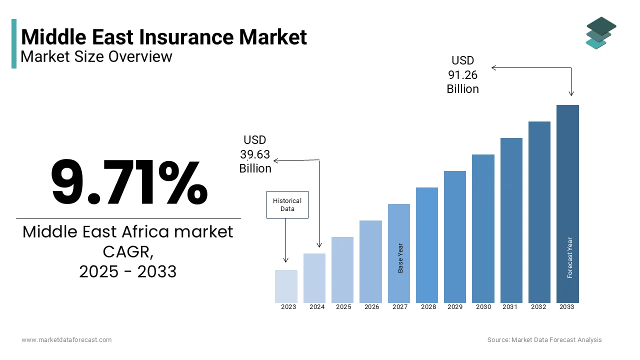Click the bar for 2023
(x=286, y=286)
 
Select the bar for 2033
(x=567, y=203)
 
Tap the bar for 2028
(x=427, y=245)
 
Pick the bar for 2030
(x=483, y=228)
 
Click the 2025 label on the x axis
(x=343, y=307)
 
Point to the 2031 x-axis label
(x=510, y=307)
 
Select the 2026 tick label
(x=371, y=307)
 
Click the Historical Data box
(x=287, y=204)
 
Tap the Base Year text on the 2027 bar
(x=400, y=258)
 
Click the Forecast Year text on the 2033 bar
(x=569, y=257)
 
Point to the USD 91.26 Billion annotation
(x=462, y=75)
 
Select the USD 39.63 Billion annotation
(x=255, y=154)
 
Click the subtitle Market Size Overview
(x=96, y=56)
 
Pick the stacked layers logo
(x=600, y=33)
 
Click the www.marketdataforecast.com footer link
(x=66, y=340)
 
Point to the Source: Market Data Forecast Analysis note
(x=544, y=340)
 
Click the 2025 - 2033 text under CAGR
(x=127, y=271)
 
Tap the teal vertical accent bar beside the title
(x=14, y=43)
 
